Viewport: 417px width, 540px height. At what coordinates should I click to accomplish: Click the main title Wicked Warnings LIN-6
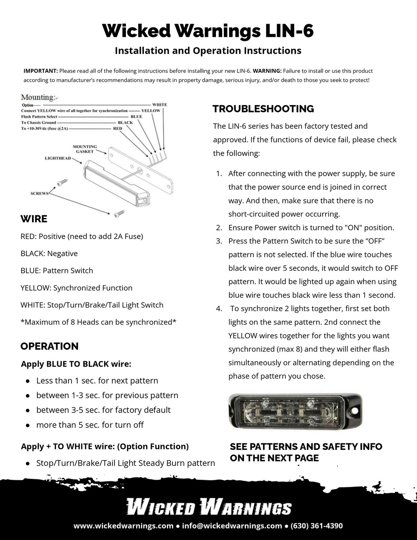pyautogui.click(x=208, y=31)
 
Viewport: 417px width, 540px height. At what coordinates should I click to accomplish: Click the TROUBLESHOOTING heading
pyautogui.click(x=263, y=109)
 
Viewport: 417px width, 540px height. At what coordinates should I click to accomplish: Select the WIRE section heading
pyautogui.click(x=34, y=219)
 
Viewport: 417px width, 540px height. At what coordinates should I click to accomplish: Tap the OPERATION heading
pyautogui.click(x=49, y=346)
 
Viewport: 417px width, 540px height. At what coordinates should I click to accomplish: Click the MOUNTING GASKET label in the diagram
pyautogui.click(x=85, y=149)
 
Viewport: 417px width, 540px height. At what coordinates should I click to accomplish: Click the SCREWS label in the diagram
pyautogui.click(x=39, y=193)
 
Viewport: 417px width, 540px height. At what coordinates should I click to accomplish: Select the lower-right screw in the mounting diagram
pyautogui.click(x=119, y=214)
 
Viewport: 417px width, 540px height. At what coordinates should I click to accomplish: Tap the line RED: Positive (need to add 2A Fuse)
pyautogui.click(x=82, y=236)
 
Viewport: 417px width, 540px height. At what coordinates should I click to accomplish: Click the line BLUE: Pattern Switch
pyautogui.click(x=57, y=271)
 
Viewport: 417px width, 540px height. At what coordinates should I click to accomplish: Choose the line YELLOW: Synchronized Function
pyautogui.click(x=76, y=288)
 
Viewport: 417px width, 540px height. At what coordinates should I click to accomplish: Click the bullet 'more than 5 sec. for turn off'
pyautogui.click(x=90, y=425)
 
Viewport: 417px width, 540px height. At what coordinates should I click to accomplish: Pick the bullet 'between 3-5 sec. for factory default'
pyautogui.click(x=103, y=410)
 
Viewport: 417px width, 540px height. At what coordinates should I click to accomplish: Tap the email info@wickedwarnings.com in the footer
pyautogui.click(x=232, y=526)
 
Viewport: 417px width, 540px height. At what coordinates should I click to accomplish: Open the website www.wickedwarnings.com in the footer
pyautogui.click(x=123, y=526)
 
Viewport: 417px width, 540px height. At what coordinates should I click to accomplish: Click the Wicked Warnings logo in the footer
pyautogui.click(x=208, y=507)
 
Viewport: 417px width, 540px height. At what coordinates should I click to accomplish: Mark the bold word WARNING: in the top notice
pyautogui.click(x=267, y=71)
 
